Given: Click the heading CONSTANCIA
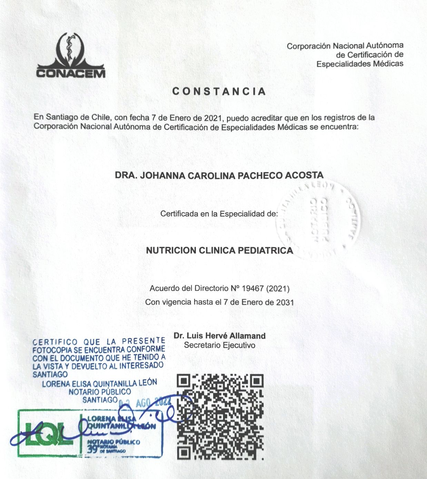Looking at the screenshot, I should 219,91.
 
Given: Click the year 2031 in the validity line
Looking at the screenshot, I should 285,302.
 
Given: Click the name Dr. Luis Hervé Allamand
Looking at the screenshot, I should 219,335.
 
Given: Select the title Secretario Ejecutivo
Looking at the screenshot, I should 219,345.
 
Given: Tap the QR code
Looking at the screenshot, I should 220,417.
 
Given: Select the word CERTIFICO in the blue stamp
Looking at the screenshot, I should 55,342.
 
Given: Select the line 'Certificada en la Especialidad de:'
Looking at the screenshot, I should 219,214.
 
